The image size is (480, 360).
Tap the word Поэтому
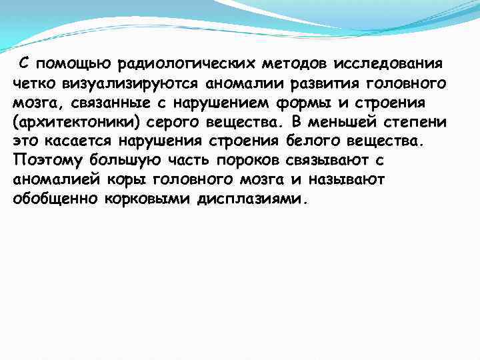click(42, 161)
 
